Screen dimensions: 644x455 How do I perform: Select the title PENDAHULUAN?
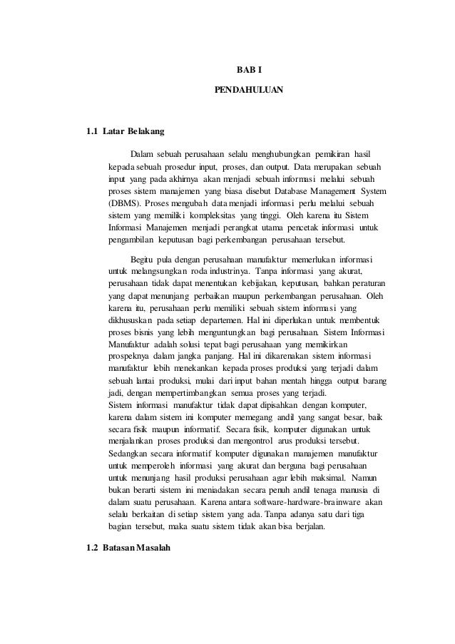tap(249, 91)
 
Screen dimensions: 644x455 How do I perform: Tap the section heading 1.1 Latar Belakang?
tap(125, 132)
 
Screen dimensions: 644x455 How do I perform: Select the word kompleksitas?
tap(220, 215)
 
